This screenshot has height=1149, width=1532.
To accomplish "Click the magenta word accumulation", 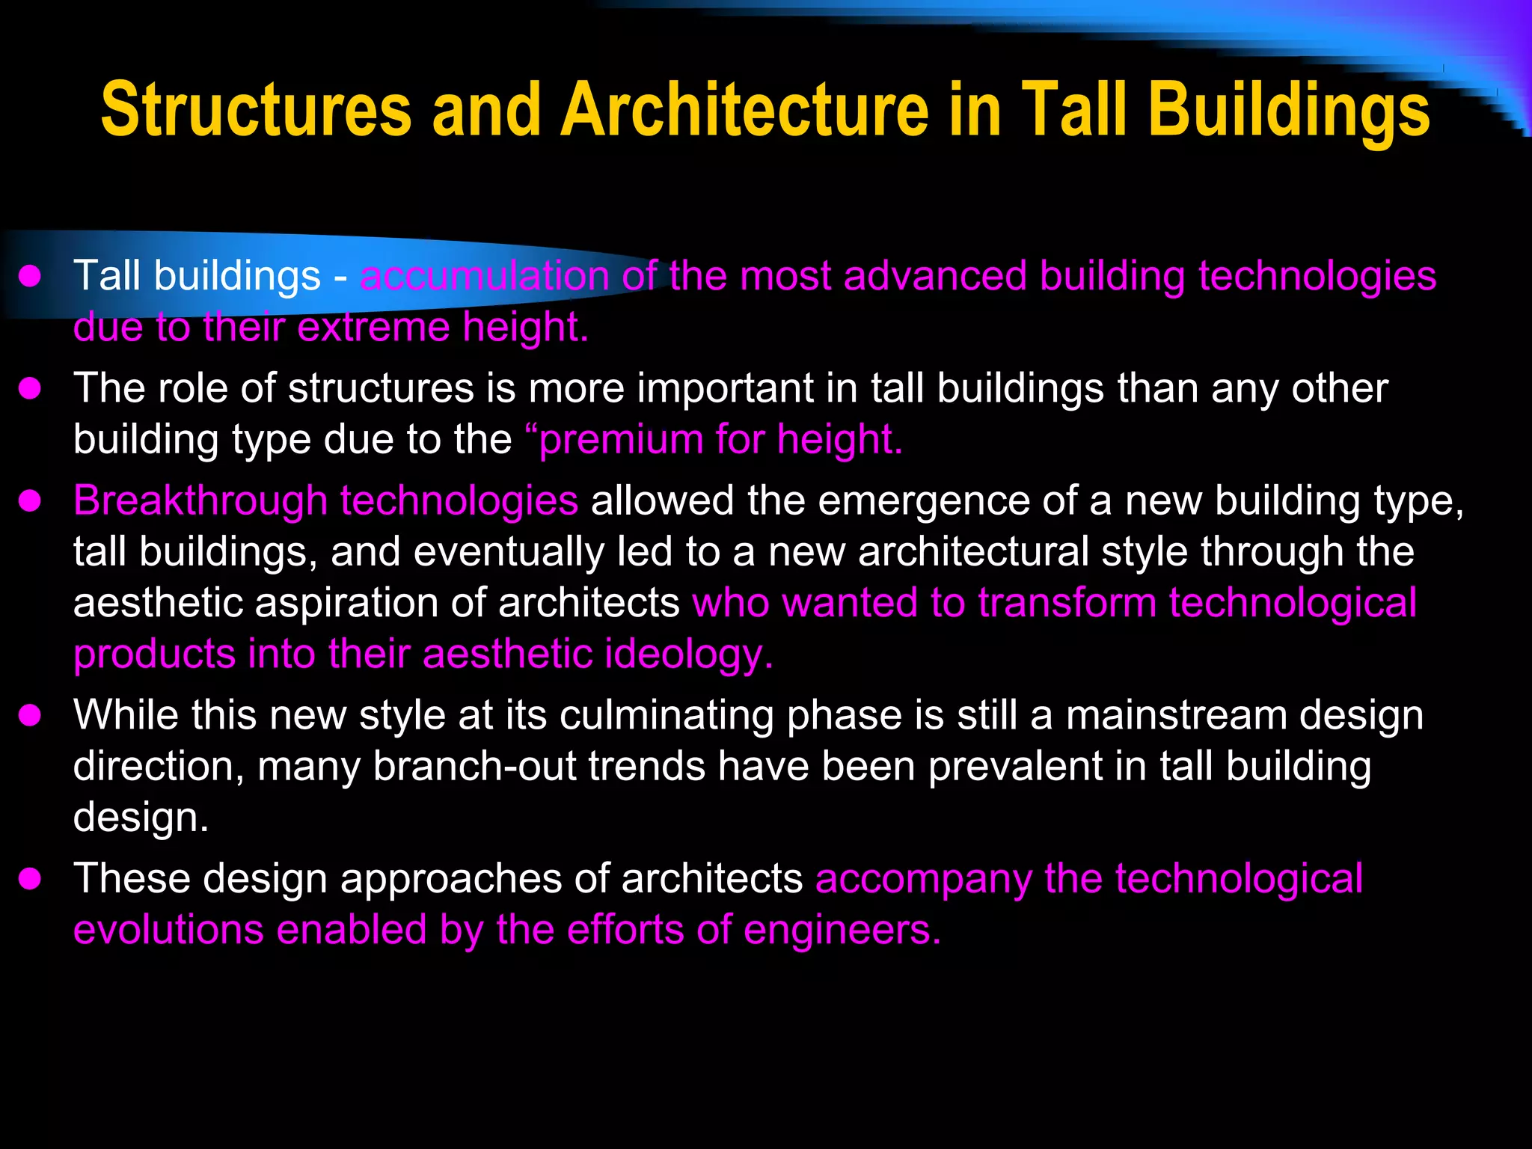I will [485, 275].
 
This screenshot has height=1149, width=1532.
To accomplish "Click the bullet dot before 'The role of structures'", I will [30, 389].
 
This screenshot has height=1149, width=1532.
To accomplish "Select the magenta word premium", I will [621, 439].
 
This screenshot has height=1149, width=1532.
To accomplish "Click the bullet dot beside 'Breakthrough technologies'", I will [30, 501].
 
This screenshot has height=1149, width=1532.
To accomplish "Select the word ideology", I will [688, 655].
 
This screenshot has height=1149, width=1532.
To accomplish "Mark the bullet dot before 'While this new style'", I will [30, 716].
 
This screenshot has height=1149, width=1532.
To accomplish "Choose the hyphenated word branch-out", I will [474, 766].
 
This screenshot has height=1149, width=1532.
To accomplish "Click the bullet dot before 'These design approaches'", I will [30, 879].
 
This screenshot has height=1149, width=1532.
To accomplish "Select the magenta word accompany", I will [924, 879].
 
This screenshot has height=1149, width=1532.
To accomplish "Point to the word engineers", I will [842, 930].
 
